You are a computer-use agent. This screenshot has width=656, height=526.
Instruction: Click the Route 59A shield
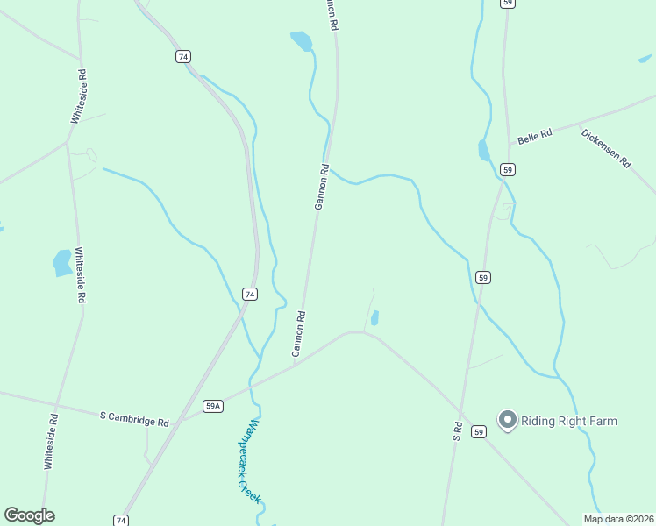pyautogui.click(x=213, y=406)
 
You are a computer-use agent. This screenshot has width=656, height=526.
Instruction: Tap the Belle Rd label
pyautogui.click(x=534, y=136)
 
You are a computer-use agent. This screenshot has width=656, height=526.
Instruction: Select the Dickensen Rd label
pyautogui.click(x=606, y=148)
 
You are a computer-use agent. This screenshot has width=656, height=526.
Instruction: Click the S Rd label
pyautogui.click(x=457, y=430)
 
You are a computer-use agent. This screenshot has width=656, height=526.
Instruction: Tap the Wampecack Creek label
pyautogui.click(x=250, y=461)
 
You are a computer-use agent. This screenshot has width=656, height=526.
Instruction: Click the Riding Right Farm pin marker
pyautogui.click(x=507, y=420)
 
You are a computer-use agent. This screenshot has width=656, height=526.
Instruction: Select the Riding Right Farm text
pyautogui.click(x=569, y=421)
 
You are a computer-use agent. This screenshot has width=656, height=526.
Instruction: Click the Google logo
pyautogui.click(x=30, y=515)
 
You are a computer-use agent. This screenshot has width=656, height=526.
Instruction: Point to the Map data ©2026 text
pyautogui.click(x=618, y=518)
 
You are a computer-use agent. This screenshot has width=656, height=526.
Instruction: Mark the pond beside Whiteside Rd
pyautogui.click(x=62, y=262)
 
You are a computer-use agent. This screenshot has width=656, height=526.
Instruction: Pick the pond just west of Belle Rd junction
pyautogui.click(x=483, y=150)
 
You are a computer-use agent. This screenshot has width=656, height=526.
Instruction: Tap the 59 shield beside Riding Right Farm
pyautogui.click(x=478, y=431)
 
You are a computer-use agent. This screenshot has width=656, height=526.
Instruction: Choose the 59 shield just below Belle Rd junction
pyautogui.click(x=507, y=168)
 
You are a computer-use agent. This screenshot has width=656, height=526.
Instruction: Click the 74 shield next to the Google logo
pyautogui.click(x=121, y=520)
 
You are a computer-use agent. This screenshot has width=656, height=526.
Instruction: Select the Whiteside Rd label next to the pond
pyautogui.click(x=81, y=274)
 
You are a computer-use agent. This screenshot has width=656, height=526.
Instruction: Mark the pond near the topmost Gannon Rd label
pyautogui.click(x=301, y=40)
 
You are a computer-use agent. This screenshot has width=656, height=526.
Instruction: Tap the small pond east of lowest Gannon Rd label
pyautogui.click(x=374, y=317)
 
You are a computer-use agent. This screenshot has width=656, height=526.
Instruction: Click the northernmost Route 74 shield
pyautogui.click(x=182, y=56)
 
